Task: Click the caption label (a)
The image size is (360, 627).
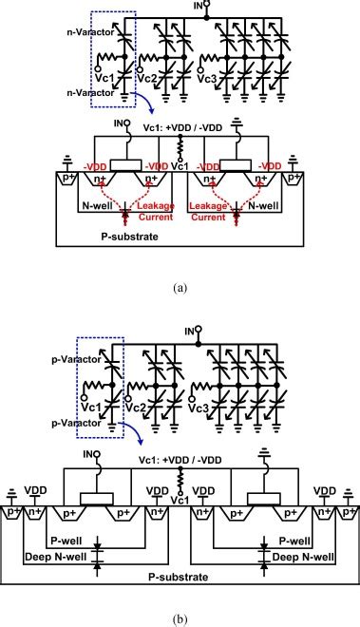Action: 179,283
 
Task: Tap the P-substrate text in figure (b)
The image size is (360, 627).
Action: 180,576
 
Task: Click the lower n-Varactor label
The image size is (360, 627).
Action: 65,92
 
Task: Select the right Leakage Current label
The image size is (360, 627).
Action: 216,196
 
